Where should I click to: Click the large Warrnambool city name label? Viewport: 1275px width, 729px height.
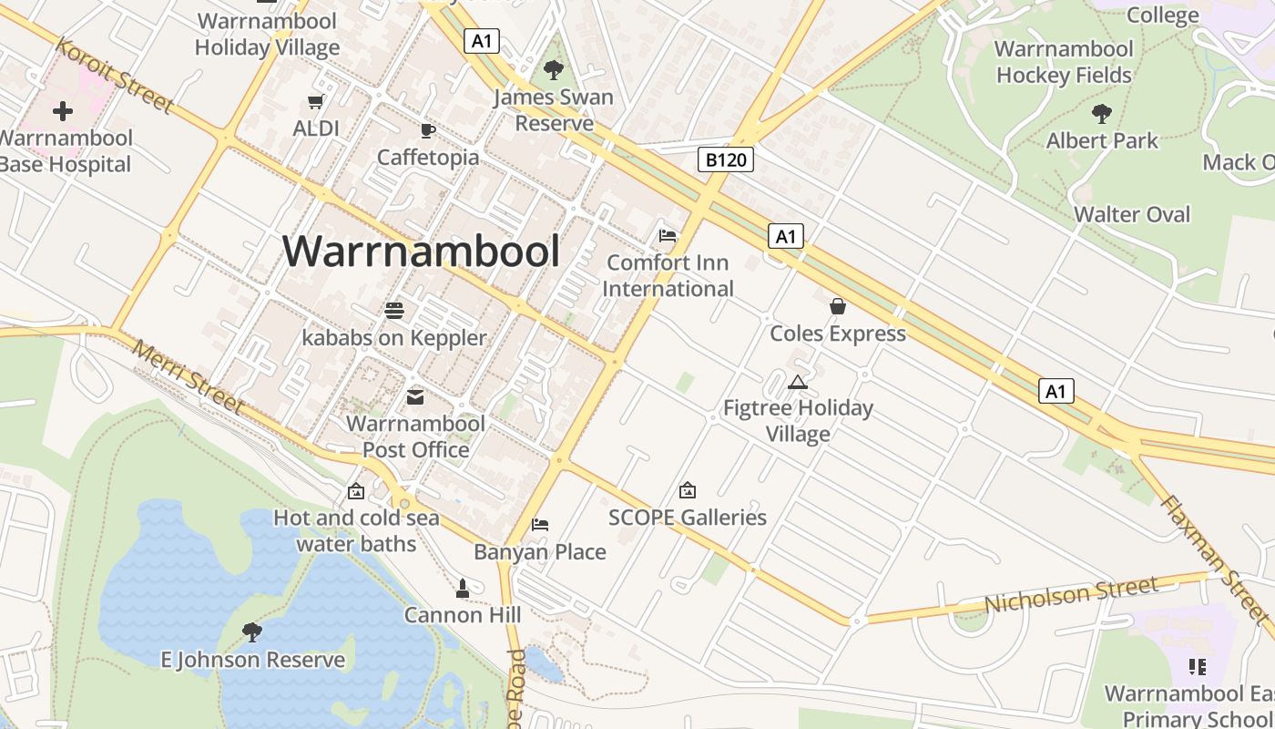[x=421, y=251]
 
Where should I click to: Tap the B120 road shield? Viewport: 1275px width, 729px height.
[x=726, y=160]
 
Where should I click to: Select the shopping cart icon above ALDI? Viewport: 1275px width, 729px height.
[x=316, y=102]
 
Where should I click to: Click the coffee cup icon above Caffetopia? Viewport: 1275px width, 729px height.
[x=427, y=131]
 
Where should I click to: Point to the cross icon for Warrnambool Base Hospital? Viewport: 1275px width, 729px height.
[x=63, y=111]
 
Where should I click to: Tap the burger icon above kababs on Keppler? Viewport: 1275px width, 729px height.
[x=394, y=311]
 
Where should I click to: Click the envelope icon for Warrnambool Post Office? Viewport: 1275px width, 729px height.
[x=415, y=397]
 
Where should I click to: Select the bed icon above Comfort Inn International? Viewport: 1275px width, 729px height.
[x=668, y=236]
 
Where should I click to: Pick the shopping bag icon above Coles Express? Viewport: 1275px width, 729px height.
[x=838, y=306]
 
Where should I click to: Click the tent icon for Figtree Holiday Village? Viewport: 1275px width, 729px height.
[x=798, y=382]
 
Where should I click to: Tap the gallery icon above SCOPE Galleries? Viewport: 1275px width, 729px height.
[x=688, y=490]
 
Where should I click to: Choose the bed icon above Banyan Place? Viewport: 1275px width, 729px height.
[x=540, y=525]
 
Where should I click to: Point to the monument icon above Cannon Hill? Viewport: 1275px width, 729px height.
[x=463, y=589]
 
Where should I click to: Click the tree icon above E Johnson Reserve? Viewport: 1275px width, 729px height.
[x=252, y=631]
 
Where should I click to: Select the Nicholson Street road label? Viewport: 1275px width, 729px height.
[x=1071, y=595]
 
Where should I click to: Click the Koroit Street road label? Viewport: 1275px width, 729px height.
[x=115, y=75]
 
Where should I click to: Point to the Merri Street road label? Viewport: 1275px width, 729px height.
[x=188, y=376]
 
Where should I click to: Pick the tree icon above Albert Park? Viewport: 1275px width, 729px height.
[x=1102, y=114]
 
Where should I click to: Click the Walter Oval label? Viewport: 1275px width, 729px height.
[x=1132, y=214]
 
